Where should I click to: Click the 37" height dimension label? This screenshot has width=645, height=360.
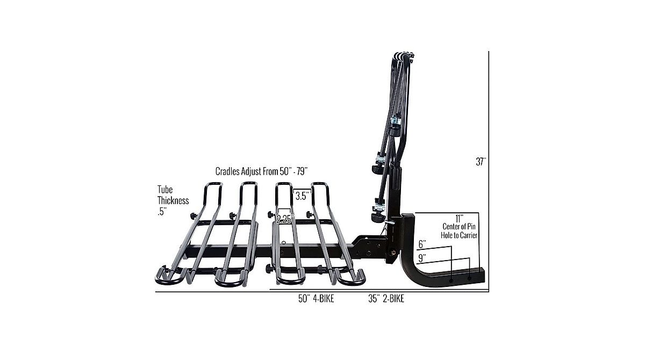click(x=480, y=161)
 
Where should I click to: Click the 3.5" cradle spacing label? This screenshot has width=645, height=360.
click(x=302, y=196)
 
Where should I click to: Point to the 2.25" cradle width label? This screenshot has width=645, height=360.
click(x=284, y=219)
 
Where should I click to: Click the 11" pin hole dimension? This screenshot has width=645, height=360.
click(x=458, y=218)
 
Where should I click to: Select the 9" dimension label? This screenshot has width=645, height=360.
click(x=422, y=257)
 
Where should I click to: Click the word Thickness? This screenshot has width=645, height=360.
click(x=173, y=200)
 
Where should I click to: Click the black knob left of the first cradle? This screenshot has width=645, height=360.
click(x=193, y=216)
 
